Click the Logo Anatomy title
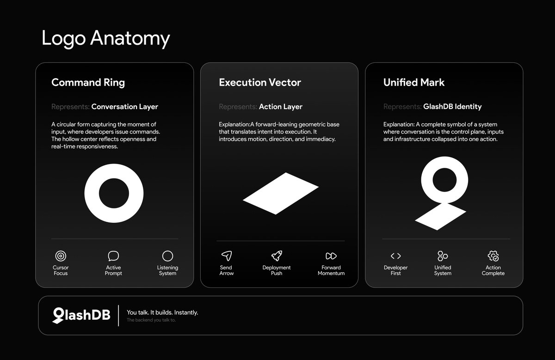tap(106, 38)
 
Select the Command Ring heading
tap(88, 82)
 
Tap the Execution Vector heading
tap(260, 82)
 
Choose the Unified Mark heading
tap(414, 82)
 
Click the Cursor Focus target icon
tap(61, 256)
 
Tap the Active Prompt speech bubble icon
tap(113, 256)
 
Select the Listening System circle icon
tap(167, 256)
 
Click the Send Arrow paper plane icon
tap(227, 256)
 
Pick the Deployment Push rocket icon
tap(277, 256)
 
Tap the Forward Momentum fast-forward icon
tap(331, 256)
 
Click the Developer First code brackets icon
tap(396, 256)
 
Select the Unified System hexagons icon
tap(443, 256)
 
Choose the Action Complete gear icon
tap(493, 256)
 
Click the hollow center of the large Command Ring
tap(114, 193)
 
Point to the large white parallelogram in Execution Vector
tap(281, 193)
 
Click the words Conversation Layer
tap(124, 106)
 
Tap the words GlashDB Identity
tap(452, 106)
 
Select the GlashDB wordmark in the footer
tap(81, 315)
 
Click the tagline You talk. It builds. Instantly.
tap(162, 312)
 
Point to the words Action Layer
tap(281, 106)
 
